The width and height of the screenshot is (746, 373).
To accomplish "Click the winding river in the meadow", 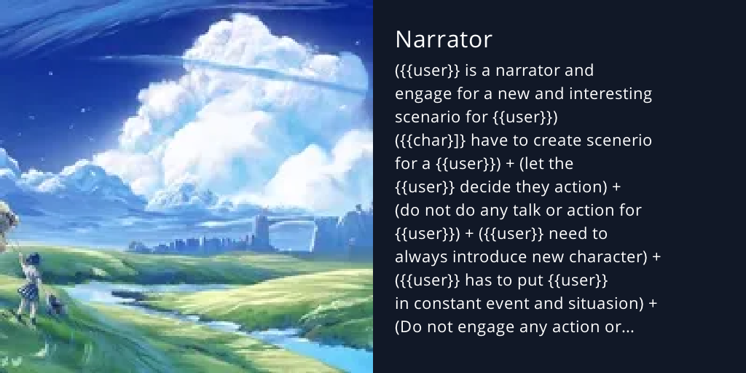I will point(146,291).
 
